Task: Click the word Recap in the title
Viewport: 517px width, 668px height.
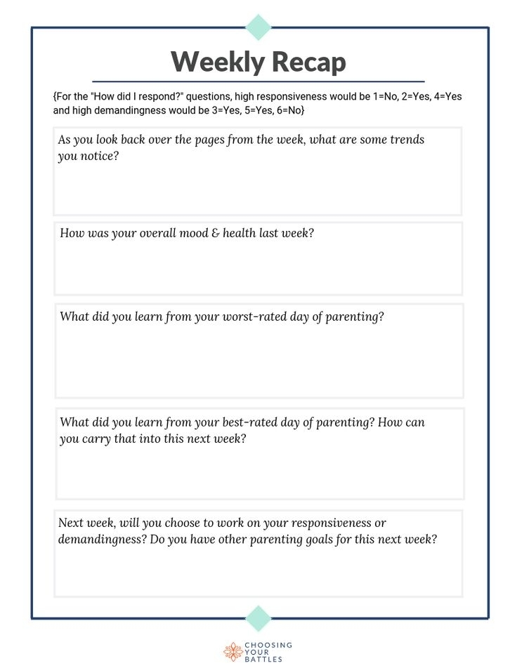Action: pos(306,62)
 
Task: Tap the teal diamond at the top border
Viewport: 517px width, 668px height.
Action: pos(258,27)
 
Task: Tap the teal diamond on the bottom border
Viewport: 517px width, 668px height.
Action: pos(258,618)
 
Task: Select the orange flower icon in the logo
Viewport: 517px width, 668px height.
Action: pos(233,652)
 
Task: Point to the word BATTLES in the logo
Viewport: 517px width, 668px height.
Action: pos(263,660)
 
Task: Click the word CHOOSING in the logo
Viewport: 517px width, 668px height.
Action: pos(268,644)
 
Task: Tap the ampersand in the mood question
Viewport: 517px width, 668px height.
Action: pos(215,233)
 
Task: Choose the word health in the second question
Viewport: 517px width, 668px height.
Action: pos(239,233)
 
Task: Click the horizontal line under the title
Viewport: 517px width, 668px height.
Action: pos(258,82)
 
